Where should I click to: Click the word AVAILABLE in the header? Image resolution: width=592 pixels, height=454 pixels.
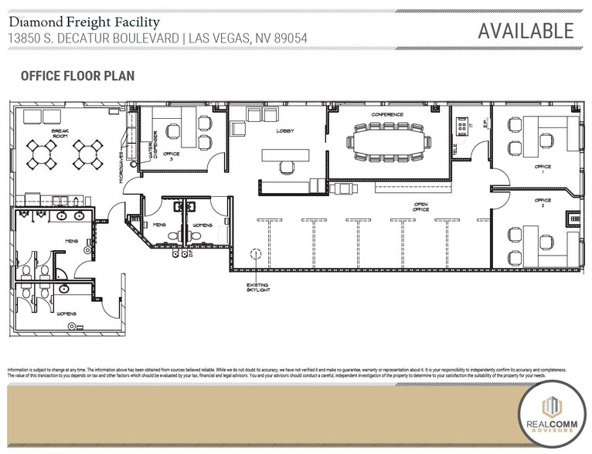point(526,30)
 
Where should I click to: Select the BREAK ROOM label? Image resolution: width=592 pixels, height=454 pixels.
point(61,134)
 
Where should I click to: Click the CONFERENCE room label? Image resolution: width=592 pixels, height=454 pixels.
point(386,114)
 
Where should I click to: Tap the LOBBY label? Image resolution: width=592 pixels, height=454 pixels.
point(285,131)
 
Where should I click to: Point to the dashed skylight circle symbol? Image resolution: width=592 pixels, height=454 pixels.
point(253,253)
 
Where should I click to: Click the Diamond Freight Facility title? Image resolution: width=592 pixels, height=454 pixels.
point(84,22)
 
